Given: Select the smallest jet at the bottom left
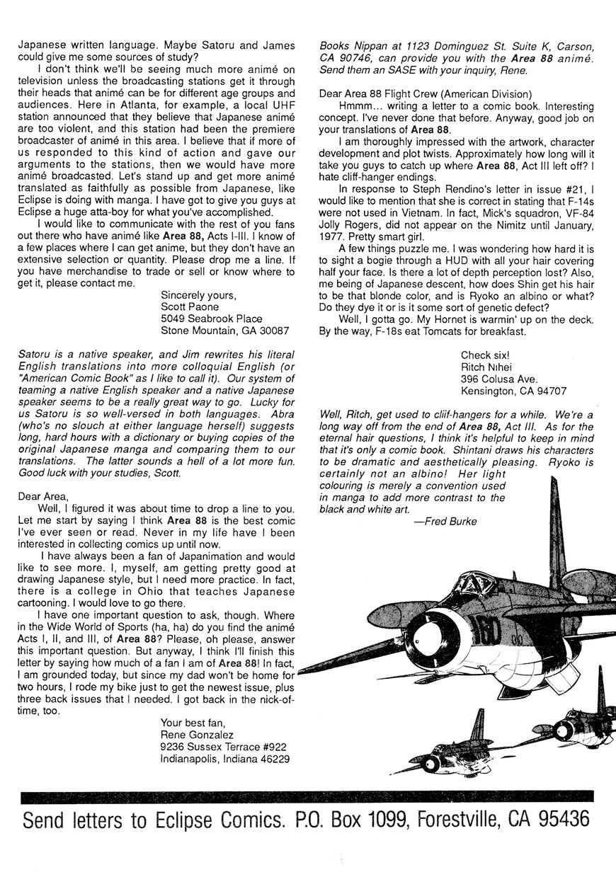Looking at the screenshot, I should pyautogui.click(x=461, y=743).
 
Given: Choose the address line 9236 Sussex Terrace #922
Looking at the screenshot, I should pyautogui.click(x=224, y=747).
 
